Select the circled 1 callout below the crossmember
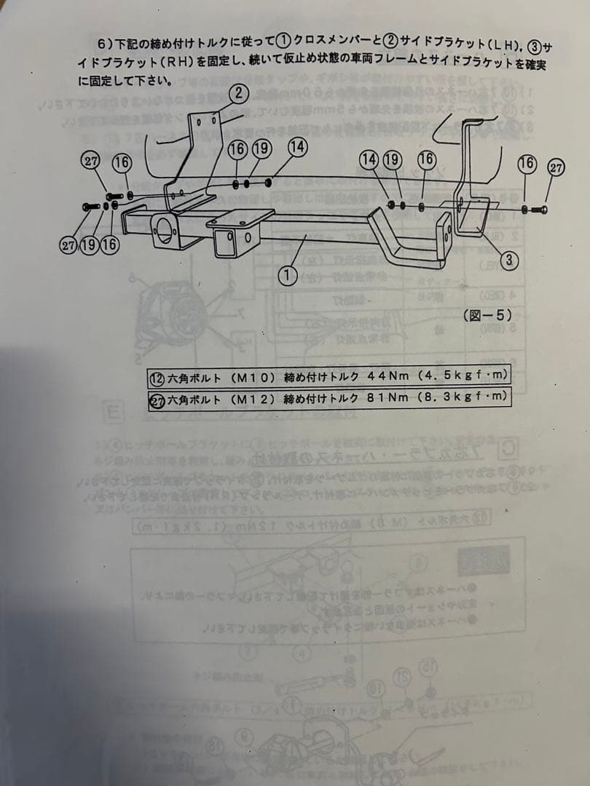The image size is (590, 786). (288, 275)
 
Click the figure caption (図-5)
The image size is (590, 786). (487, 315)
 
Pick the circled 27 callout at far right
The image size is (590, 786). (556, 167)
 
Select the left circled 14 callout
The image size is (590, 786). (296, 146)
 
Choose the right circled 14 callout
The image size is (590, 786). (369, 159)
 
